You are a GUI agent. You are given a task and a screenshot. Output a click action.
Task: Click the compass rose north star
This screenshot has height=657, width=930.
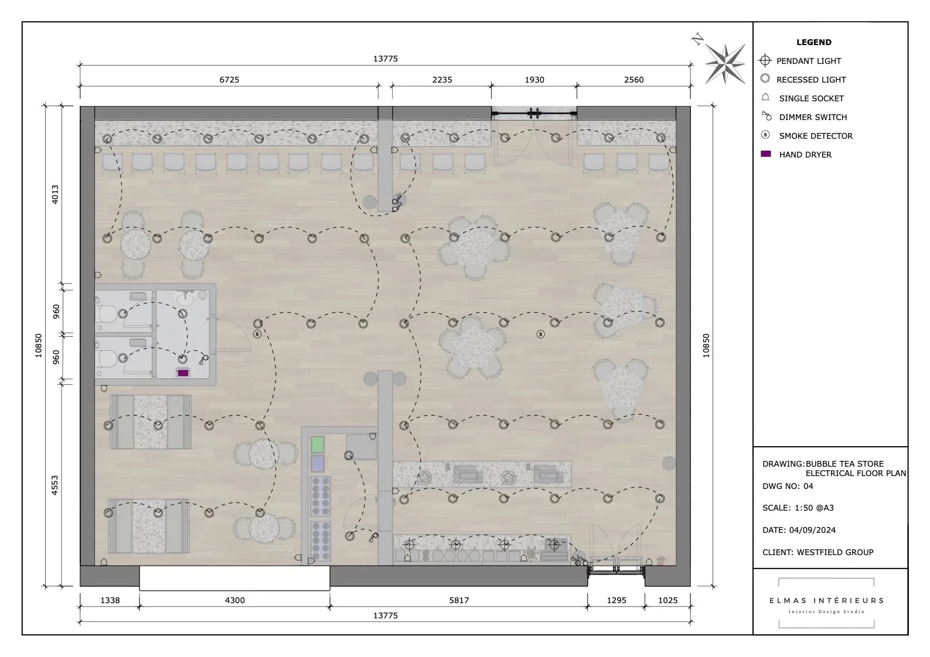click(x=725, y=63)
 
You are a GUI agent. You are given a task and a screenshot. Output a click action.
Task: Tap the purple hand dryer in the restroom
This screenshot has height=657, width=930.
click(x=183, y=373)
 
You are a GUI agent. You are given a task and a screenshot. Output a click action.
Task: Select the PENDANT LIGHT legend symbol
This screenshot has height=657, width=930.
click(x=765, y=60)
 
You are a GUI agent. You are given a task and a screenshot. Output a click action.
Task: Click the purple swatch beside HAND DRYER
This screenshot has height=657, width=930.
click(x=765, y=154)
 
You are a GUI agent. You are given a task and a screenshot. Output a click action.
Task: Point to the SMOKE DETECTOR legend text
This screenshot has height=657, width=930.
click(x=816, y=136)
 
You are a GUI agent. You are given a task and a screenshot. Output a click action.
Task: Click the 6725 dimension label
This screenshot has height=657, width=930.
click(x=229, y=80)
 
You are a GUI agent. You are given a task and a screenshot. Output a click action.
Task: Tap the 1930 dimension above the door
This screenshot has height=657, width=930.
click(x=534, y=80)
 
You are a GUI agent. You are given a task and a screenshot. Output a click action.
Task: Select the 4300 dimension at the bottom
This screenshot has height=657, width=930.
click(x=234, y=600)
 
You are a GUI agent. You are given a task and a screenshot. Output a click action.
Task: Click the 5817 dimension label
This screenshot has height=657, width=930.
click(x=459, y=600)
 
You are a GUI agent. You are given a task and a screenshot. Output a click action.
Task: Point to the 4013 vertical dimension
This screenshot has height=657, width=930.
click(x=55, y=194)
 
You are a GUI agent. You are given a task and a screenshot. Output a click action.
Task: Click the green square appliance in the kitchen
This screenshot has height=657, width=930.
click(x=317, y=444)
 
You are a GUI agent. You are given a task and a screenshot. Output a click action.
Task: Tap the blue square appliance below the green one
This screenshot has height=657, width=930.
click(x=317, y=464)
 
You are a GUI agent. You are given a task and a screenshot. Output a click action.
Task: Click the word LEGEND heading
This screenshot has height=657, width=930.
click(x=814, y=42)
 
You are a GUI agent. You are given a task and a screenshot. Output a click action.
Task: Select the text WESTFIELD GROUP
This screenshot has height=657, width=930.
click(x=835, y=553)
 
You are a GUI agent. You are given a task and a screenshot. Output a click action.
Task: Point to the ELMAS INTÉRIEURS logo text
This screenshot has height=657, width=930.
click(x=826, y=600)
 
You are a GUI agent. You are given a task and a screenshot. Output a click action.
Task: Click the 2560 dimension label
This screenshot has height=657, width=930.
click(x=633, y=80)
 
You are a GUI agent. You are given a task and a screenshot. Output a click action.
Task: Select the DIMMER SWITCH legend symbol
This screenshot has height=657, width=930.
click(x=767, y=116)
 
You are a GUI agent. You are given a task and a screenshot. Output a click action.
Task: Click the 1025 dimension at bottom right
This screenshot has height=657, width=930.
click(x=667, y=600)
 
